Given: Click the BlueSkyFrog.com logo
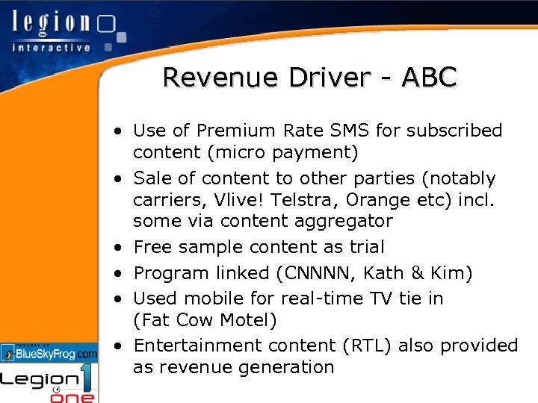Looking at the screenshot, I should click(49, 352).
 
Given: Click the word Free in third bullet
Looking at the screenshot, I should click(152, 247).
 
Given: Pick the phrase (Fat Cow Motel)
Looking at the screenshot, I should click(205, 320).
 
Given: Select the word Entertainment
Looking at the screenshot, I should click(194, 346).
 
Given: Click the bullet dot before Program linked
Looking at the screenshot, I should click(120, 274).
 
